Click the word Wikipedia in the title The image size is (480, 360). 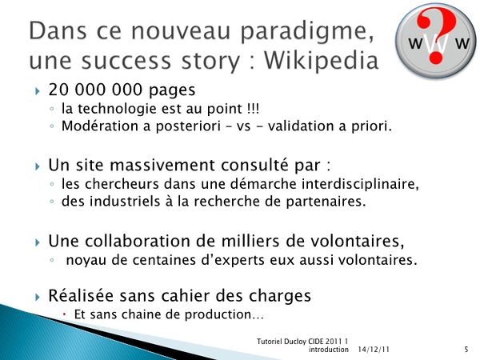[x=321, y=61]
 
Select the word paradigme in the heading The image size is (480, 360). [x=307, y=32]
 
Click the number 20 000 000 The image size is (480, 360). [x=95, y=90]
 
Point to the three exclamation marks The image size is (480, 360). [x=253, y=109]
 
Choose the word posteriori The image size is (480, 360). [x=188, y=126]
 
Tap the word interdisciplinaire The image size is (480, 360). [x=360, y=184]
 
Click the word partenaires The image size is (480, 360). [x=326, y=202]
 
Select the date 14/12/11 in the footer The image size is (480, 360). [x=374, y=350]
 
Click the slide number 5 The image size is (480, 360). [x=466, y=350]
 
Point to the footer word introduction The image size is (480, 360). [x=329, y=350]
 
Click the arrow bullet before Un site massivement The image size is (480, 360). [x=38, y=166]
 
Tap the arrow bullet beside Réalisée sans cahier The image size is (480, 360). [x=38, y=297]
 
